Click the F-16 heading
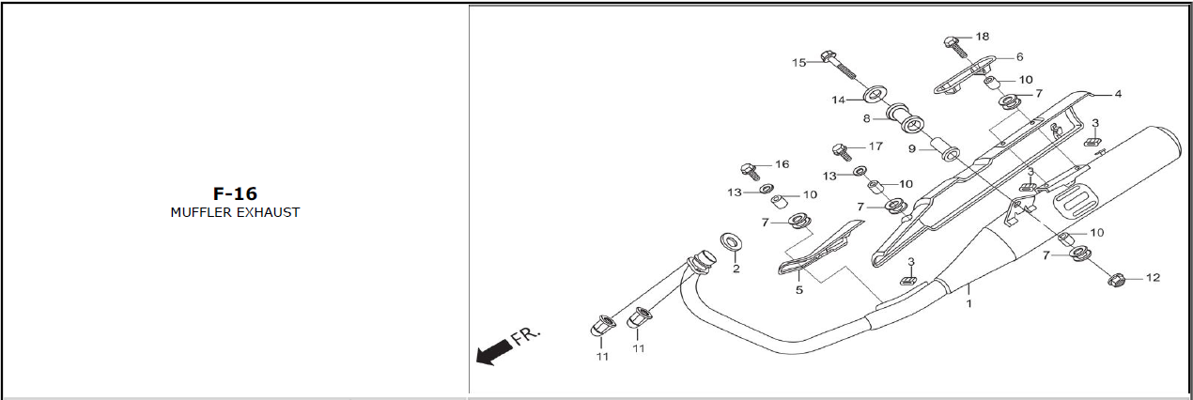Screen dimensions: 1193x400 235,193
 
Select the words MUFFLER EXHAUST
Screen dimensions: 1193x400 235,212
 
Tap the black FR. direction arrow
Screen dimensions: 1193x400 494,354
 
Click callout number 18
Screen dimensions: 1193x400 982,37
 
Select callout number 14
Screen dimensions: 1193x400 838,100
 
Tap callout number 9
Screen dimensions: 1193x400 912,149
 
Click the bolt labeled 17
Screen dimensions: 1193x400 842,152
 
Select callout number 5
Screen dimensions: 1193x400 798,290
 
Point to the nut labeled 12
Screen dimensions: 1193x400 1115,279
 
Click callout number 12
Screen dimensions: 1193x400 1153,278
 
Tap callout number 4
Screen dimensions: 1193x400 1118,94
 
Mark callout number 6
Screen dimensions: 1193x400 1019,57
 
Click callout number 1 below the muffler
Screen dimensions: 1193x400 969,303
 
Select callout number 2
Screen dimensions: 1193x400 736,269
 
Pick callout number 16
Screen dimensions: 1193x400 782,164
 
